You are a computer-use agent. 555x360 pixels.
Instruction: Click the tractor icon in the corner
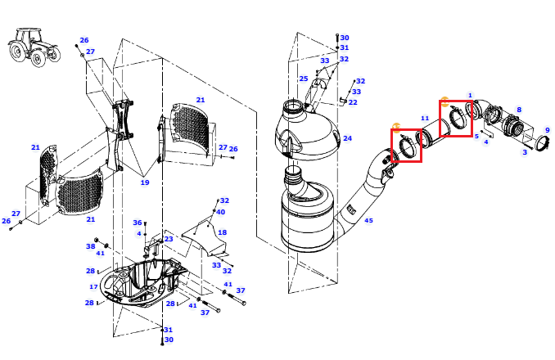tap(34, 47)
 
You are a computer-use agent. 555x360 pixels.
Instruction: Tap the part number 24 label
tap(347, 138)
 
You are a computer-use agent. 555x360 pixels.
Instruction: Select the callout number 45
tap(368, 220)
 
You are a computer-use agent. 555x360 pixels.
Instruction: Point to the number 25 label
tap(304, 79)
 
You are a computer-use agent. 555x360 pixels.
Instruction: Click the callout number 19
tap(145, 182)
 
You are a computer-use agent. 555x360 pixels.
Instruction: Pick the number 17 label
tap(93, 287)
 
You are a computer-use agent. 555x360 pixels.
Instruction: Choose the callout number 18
tap(223, 232)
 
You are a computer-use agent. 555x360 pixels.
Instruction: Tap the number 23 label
tap(169, 239)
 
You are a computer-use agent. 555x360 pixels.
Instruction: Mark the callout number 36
tap(138, 223)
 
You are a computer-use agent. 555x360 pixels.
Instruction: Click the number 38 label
tap(91, 246)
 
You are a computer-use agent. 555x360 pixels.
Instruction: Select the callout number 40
tap(220, 212)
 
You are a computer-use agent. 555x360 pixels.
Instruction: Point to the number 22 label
tap(353, 102)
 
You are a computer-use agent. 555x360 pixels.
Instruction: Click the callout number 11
tap(425, 118)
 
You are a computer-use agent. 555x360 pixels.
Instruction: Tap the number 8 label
tap(519, 110)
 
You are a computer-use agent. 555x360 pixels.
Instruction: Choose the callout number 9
tap(547, 130)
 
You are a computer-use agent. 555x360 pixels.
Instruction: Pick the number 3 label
tap(525, 152)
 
